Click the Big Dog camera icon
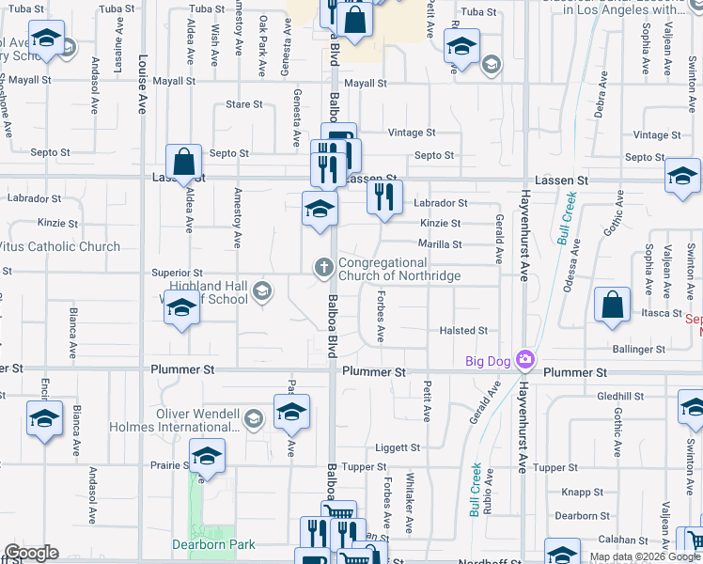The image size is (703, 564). [525, 360]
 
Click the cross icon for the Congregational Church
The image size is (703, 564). [324, 269]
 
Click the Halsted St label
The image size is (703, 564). [463, 331]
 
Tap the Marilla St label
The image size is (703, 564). [439, 244]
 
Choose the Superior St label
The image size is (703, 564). [178, 273]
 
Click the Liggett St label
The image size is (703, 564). [398, 447]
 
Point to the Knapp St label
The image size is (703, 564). [583, 492]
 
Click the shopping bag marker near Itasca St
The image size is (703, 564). [612, 305]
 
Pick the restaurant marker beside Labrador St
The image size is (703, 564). [383, 196]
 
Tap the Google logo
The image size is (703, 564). [31, 553]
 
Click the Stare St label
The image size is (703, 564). [244, 104]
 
